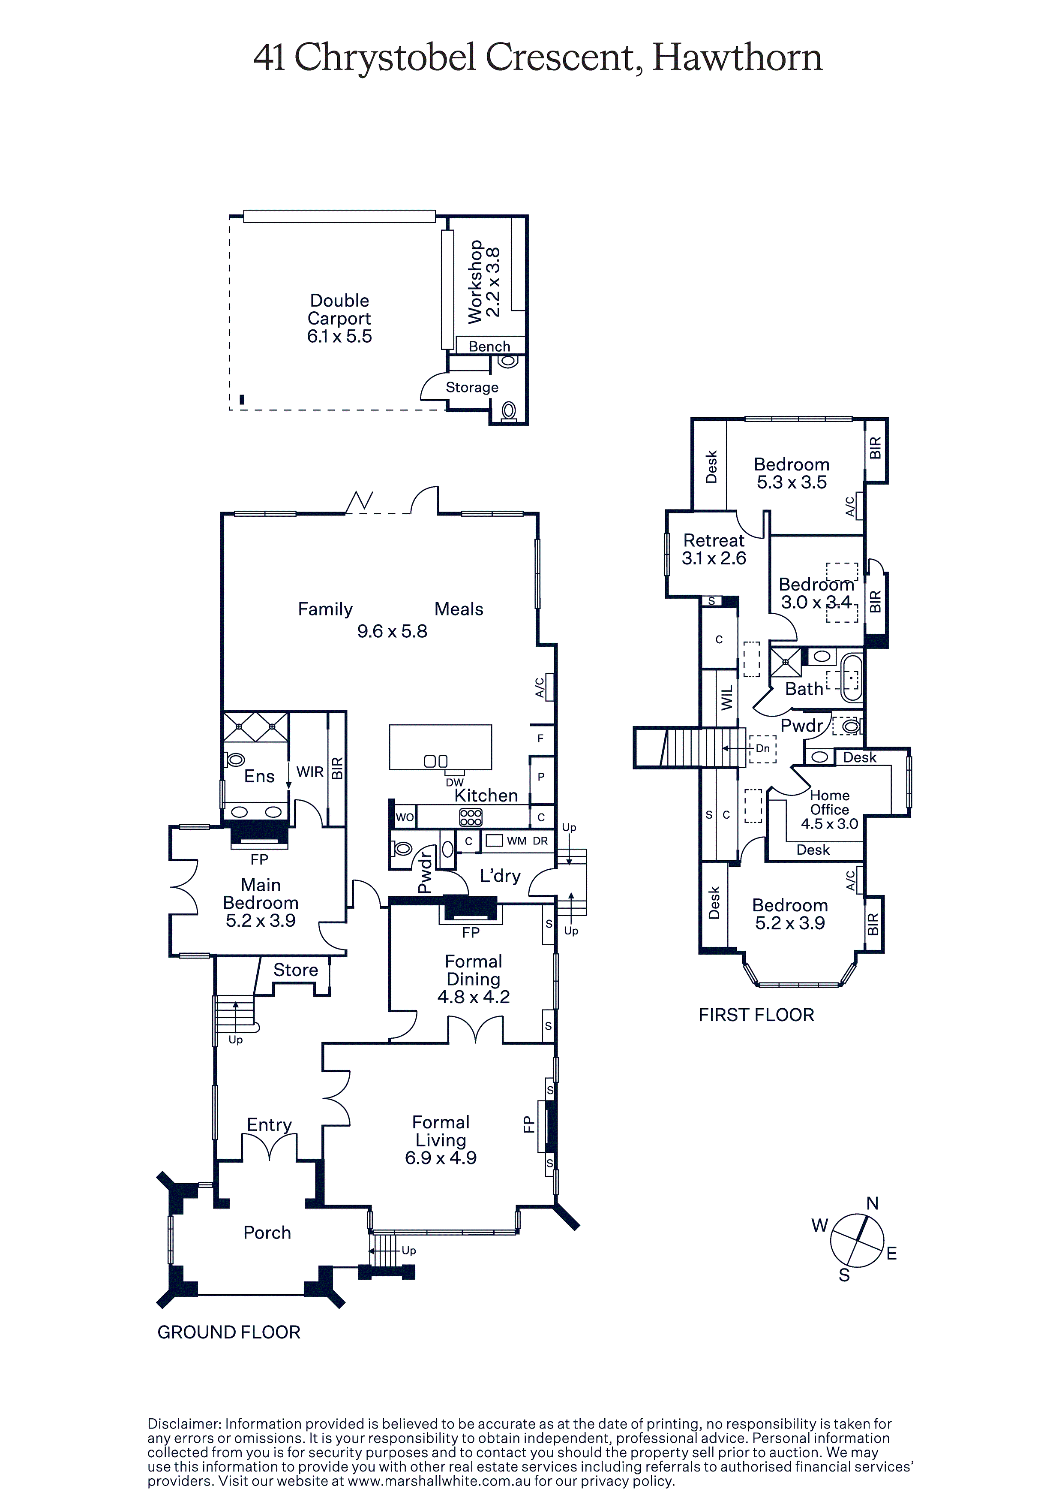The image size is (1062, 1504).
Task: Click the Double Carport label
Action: click(339, 309)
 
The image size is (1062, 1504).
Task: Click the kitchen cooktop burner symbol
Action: click(471, 817)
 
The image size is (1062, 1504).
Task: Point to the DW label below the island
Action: click(454, 782)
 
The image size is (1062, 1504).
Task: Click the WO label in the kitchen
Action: click(405, 817)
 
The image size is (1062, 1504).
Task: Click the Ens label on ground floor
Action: click(259, 776)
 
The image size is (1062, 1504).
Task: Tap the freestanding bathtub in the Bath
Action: click(851, 677)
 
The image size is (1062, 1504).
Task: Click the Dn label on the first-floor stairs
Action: click(763, 748)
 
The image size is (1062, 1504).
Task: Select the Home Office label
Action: click(830, 802)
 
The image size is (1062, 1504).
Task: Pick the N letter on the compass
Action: click(872, 1203)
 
